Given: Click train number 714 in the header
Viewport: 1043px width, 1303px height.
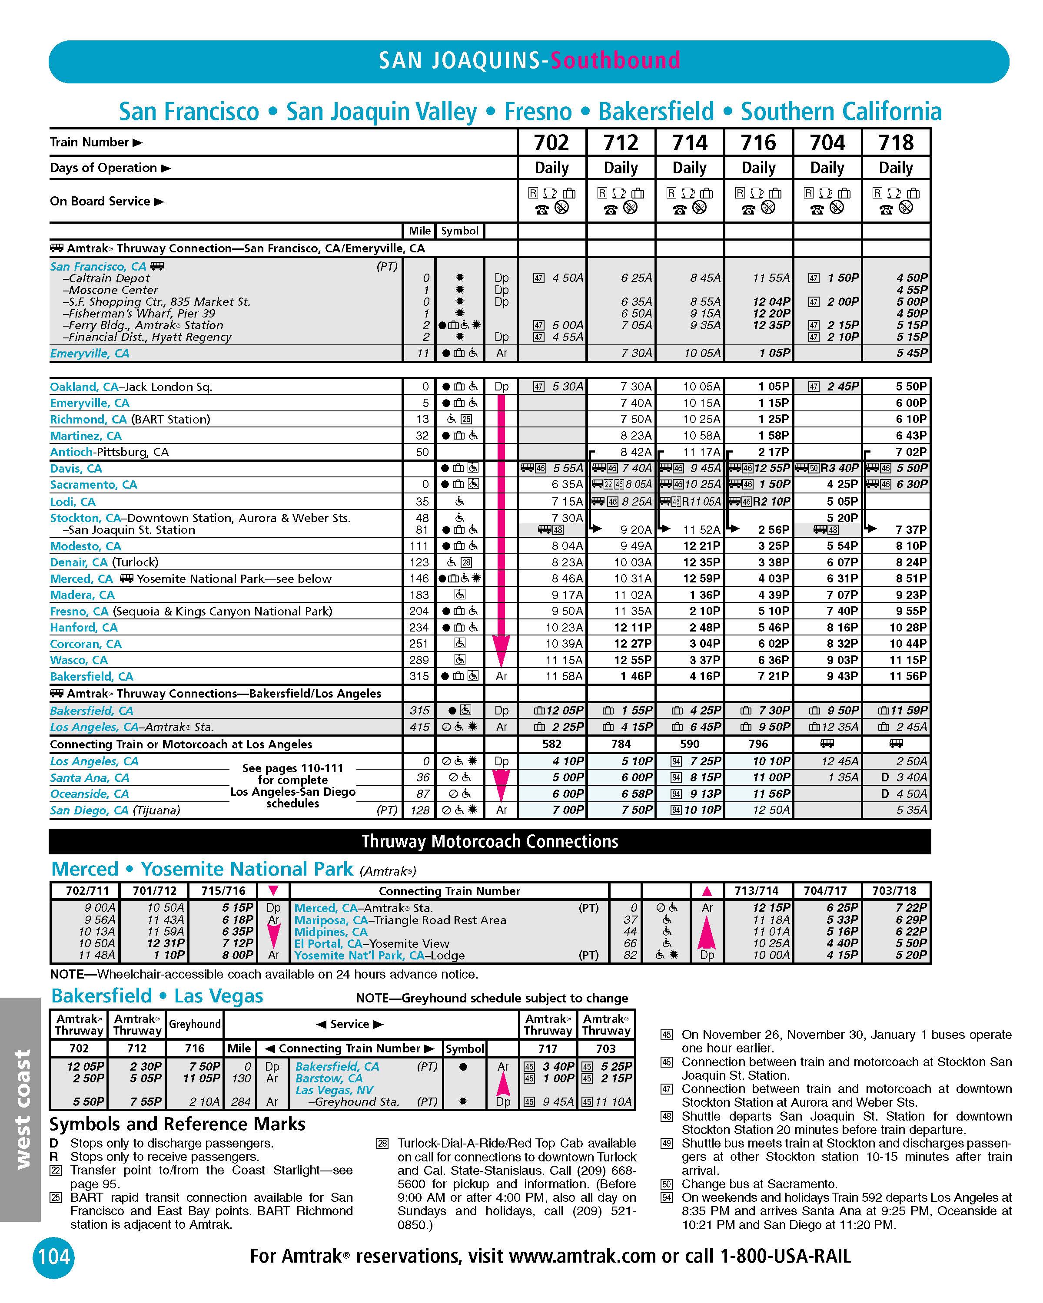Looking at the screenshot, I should [x=689, y=142].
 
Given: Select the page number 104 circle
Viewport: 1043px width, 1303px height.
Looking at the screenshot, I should [x=54, y=1257].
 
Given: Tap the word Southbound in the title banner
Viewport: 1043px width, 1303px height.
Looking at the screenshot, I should [x=615, y=60].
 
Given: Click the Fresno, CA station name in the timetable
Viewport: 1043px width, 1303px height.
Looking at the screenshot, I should [x=79, y=611].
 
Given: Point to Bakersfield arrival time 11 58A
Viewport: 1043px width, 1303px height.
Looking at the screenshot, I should [x=564, y=676].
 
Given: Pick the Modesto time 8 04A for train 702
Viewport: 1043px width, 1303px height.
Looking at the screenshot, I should [x=567, y=546].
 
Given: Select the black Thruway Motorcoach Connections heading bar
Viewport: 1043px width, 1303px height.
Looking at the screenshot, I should [x=490, y=841].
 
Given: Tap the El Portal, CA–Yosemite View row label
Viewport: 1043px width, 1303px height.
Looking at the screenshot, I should [x=371, y=943].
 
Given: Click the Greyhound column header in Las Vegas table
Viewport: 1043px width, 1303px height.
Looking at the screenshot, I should [x=195, y=1024].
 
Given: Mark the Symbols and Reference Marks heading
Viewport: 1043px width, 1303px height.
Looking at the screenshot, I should [x=177, y=1124].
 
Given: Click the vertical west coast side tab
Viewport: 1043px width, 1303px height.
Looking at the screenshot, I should [x=21, y=1108].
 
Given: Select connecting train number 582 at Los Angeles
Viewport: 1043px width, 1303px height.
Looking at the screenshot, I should [x=551, y=744].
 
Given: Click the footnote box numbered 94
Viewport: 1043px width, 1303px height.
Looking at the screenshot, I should [x=666, y=1198].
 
